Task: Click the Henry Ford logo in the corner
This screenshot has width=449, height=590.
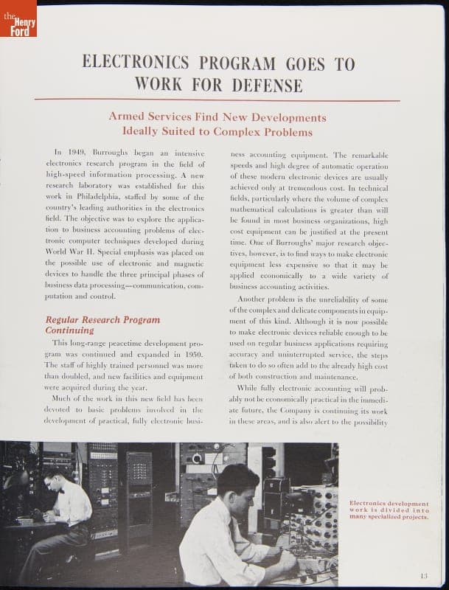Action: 18,18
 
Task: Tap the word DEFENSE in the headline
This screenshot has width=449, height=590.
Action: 268,85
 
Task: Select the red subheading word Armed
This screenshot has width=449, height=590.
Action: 128,117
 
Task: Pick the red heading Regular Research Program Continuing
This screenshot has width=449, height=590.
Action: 102,325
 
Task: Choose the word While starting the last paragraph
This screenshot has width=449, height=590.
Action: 251,387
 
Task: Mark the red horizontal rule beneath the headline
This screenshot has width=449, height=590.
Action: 217,100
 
